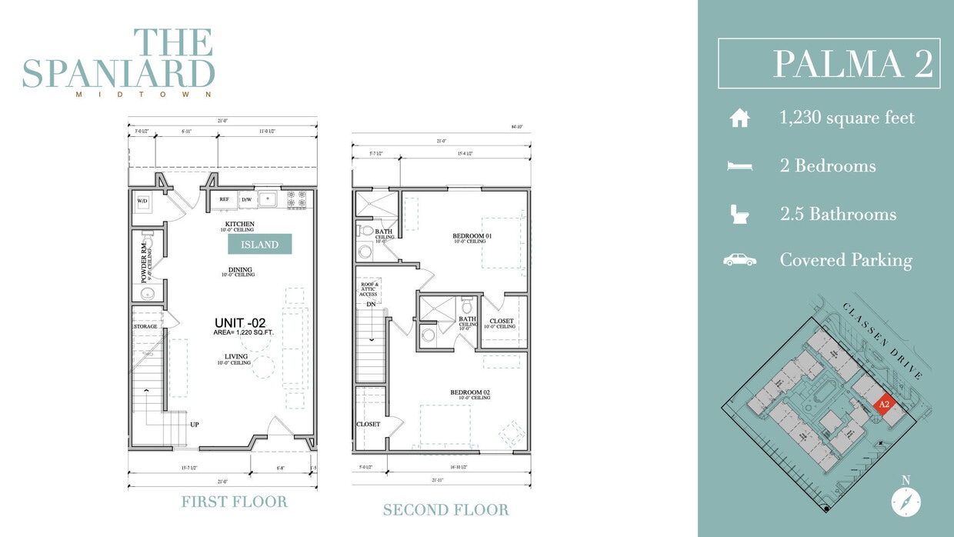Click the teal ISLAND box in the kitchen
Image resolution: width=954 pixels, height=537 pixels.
pos(259,245)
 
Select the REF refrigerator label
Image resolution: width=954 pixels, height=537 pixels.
pos(225,199)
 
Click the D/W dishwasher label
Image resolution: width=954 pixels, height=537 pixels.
pos(247,199)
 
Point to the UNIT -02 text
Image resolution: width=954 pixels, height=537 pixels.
pos(240,323)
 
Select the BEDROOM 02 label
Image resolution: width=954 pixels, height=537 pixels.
pos(470,392)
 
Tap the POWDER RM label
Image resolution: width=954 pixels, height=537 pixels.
pos(144,262)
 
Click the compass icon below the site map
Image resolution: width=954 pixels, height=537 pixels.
pos(906,502)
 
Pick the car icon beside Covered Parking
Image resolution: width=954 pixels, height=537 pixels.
pos(739,260)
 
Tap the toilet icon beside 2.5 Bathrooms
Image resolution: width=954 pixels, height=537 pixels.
pos(739,213)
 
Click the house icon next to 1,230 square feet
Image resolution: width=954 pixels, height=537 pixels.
pos(739,118)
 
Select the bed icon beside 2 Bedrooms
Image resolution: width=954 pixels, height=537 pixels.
pos(739,166)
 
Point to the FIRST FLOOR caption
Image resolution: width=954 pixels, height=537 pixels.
pos(234,502)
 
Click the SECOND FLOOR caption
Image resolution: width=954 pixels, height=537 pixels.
pos(445,509)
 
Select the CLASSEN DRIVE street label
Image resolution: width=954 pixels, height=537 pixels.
pos(882,340)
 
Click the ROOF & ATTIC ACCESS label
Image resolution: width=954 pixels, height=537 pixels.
pos(369,289)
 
